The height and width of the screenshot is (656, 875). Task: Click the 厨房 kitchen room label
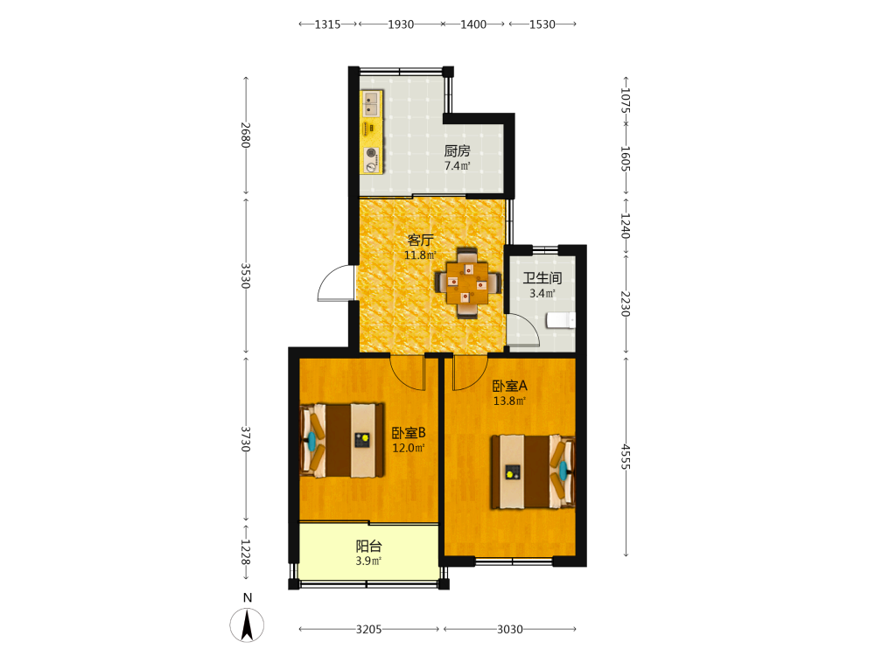click(x=457, y=150)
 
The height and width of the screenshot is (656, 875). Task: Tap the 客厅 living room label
click(x=420, y=240)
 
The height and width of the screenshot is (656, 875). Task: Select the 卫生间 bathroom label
click(x=542, y=278)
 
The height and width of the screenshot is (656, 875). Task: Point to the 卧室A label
click(x=509, y=386)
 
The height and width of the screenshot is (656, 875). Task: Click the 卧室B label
click(x=409, y=433)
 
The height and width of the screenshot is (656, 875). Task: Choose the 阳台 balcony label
click(x=369, y=546)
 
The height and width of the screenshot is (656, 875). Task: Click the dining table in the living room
click(x=467, y=283)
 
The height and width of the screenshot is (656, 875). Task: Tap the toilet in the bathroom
click(x=561, y=320)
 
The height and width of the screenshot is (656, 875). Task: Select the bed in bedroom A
click(x=533, y=472)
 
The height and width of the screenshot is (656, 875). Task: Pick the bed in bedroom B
click(x=342, y=440)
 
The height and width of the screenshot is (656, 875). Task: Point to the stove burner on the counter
click(x=371, y=152)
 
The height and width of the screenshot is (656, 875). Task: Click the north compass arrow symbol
click(x=248, y=625)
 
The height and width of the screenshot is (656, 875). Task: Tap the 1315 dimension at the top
click(x=327, y=24)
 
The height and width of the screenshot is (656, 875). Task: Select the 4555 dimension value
click(x=626, y=457)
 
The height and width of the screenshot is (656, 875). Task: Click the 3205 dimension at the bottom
click(x=369, y=629)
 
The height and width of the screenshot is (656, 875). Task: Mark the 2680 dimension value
click(x=246, y=135)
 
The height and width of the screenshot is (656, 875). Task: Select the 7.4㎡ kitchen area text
click(x=457, y=165)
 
